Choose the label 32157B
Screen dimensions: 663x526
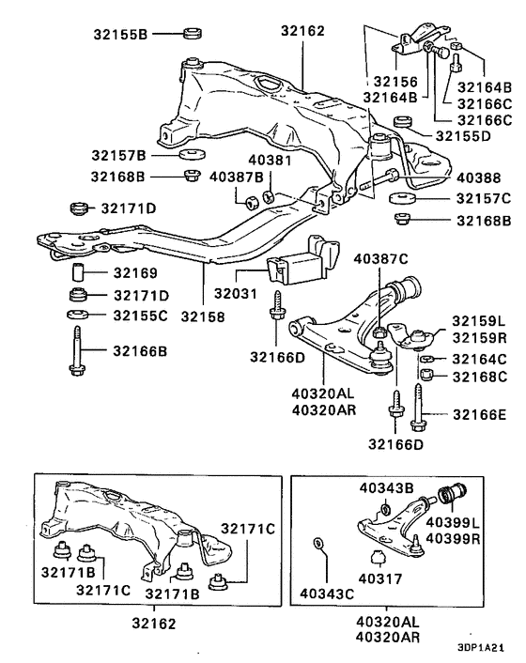pyautogui.click(x=118, y=154)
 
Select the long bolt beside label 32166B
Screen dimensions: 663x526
pyautogui.click(x=76, y=353)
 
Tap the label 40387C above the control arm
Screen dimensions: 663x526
pyautogui.click(x=380, y=257)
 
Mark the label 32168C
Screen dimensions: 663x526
pyautogui.click(x=479, y=377)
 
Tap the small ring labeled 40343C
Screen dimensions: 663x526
pyautogui.click(x=317, y=543)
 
